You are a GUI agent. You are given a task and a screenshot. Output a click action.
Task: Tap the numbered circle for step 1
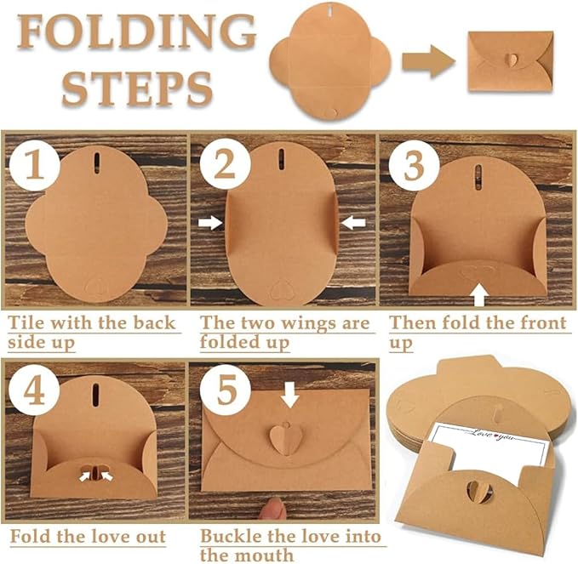tap(33, 166)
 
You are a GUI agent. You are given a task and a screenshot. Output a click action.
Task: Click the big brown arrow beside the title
tap(429, 60)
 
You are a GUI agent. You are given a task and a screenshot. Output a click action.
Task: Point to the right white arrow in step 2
tap(353, 222)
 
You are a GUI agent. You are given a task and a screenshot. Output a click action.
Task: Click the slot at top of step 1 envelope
tap(96, 162)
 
